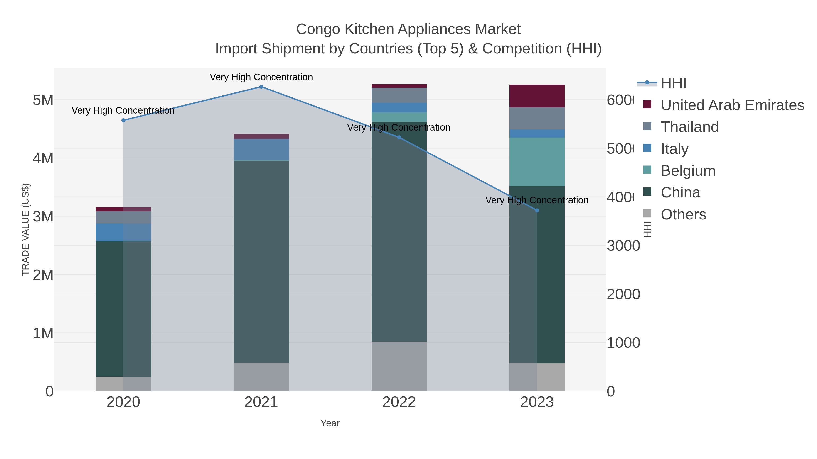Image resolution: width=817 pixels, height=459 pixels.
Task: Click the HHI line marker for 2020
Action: pyautogui.click(x=123, y=120)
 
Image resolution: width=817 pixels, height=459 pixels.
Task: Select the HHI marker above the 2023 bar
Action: pyautogui.click(x=537, y=210)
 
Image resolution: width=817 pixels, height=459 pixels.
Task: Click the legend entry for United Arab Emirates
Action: pyautogui.click(x=732, y=105)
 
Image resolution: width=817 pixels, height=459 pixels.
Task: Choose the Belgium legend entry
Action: pyautogui.click(x=688, y=171)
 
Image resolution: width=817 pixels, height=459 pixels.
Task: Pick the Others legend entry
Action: pyautogui.click(x=683, y=214)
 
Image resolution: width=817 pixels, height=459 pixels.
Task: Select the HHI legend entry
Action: pyautogui.click(x=673, y=83)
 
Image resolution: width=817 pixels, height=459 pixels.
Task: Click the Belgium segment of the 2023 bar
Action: pyautogui.click(x=537, y=162)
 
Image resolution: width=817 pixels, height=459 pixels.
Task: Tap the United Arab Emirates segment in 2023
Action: pyautogui.click(x=537, y=96)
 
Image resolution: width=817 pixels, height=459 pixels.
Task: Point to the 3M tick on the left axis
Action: pyautogui.click(x=43, y=217)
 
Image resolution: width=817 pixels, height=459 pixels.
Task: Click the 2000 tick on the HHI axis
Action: pyautogui.click(x=623, y=294)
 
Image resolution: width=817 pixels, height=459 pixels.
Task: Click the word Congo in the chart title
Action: pyautogui.click(x=318, y=29)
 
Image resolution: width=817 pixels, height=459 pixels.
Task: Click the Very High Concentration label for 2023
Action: pyautogui.click(x=537, y=200)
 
